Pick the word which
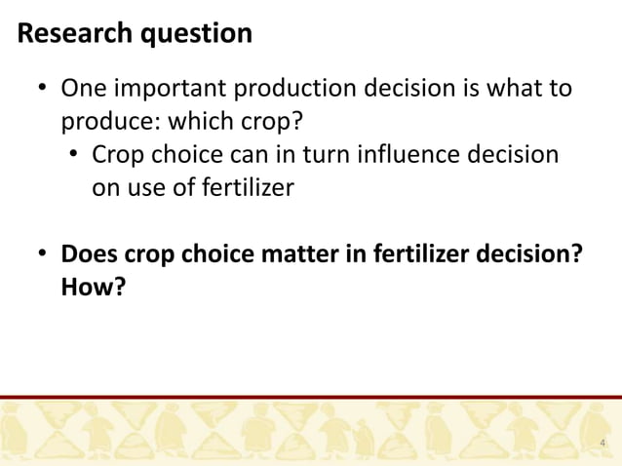coord(201,123)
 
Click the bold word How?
coord(94,287)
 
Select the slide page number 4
coord(603,445)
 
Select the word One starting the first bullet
coord(83,91)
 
